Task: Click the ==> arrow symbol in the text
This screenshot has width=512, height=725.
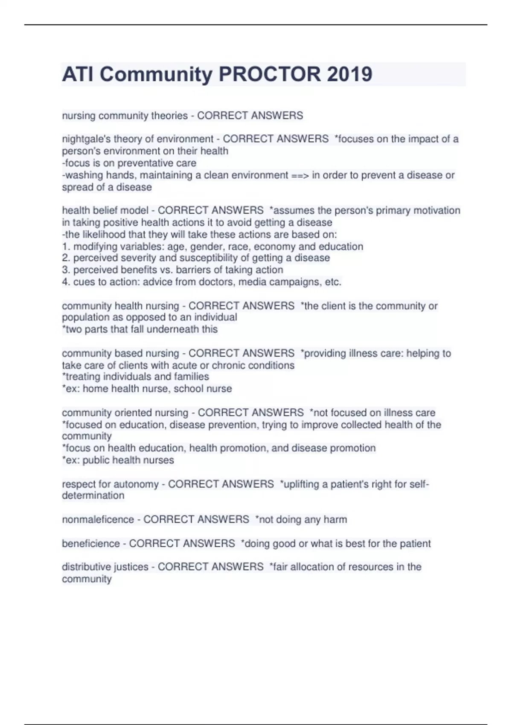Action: (x=300, y=175)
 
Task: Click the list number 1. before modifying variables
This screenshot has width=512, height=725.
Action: (x=66, y=246)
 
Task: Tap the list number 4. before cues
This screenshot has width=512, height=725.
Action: (x=66, y=282)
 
